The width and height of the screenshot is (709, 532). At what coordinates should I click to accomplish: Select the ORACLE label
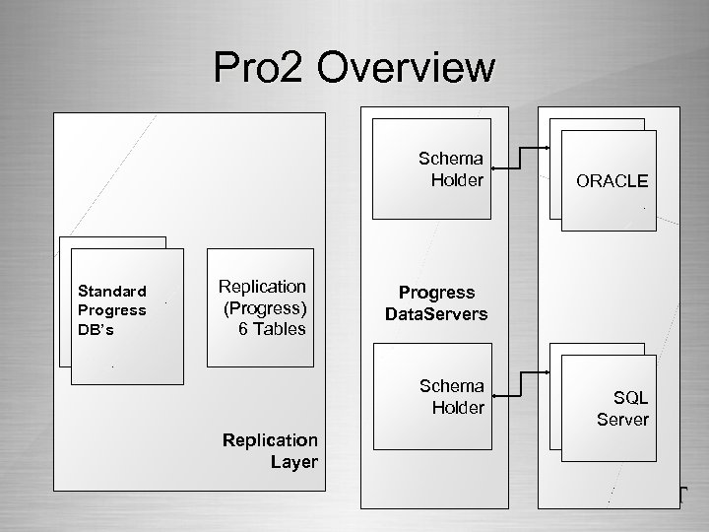pyautogui.click(x=612, y=181)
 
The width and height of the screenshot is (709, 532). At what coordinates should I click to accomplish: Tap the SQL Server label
pyautogui.click(x=622, y=409)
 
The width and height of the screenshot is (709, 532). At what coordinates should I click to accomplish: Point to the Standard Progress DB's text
pyautogui.click(x=113, y=309)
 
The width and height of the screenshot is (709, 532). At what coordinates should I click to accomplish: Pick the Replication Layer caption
pyautogui.click(x=271, y=449)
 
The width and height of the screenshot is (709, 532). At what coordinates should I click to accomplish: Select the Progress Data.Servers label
pyautogui.click(x=437, y=302)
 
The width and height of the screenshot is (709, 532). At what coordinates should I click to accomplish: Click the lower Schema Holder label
pyautogui.click(x=451, y=395)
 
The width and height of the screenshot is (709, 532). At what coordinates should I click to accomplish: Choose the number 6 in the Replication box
pyautogui.click(x=243, y=327)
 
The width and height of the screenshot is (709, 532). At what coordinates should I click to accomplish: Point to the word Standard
pyautogui.click(x=113, y=291)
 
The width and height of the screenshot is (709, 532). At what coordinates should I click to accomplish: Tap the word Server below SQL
pyautogui.click(x=622, y=420)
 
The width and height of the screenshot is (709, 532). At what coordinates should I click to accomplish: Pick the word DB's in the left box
pyautogui.click(x=97, y=329)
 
